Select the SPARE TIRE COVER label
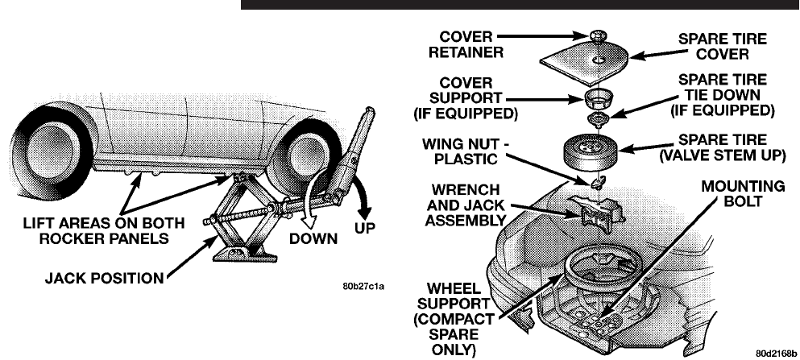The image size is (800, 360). click(x=713, y=46)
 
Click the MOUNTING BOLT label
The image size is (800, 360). click(x=743, y=194)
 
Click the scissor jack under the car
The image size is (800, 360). click(x=242, y=217)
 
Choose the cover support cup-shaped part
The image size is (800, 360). click(x=599, y=101)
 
